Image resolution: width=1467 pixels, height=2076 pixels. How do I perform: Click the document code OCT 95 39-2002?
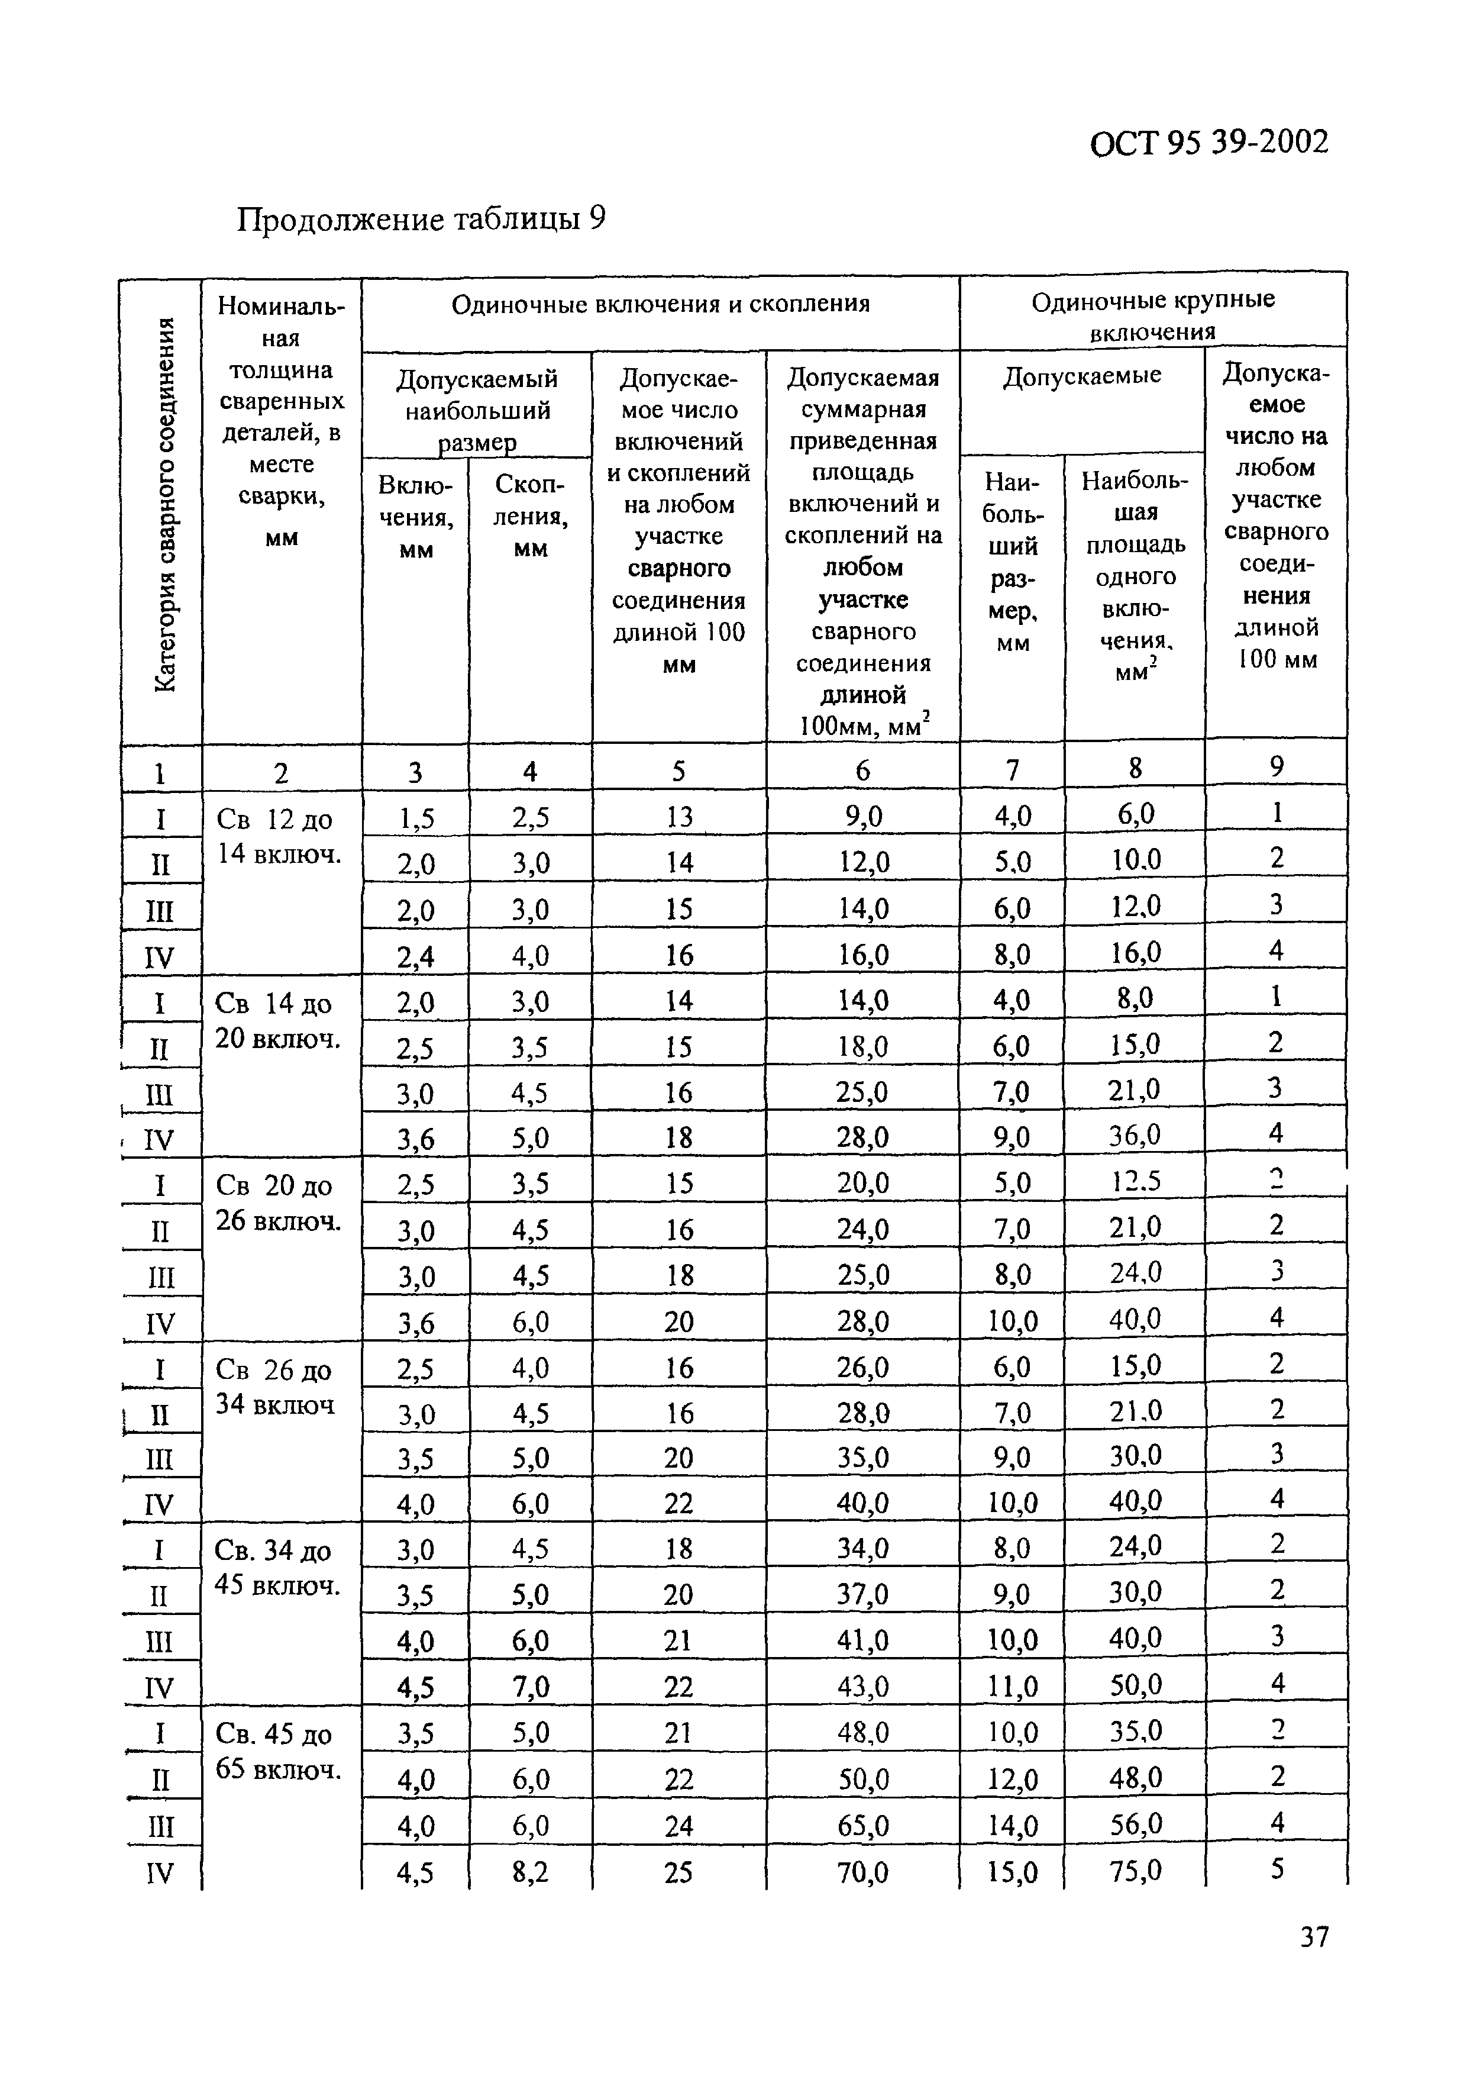click(x=1209, y=143)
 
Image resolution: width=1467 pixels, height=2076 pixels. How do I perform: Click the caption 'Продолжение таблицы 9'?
click(x=421, y=219)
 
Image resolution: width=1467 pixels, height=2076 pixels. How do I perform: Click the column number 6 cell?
click(x=862, y=771)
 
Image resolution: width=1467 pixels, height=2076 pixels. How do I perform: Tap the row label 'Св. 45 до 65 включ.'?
click(x=277, y=1751)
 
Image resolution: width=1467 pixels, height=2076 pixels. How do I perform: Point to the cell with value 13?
click(x=679, y=817)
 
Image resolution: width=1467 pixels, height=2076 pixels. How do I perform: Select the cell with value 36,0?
click(x=1135, y=1134)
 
